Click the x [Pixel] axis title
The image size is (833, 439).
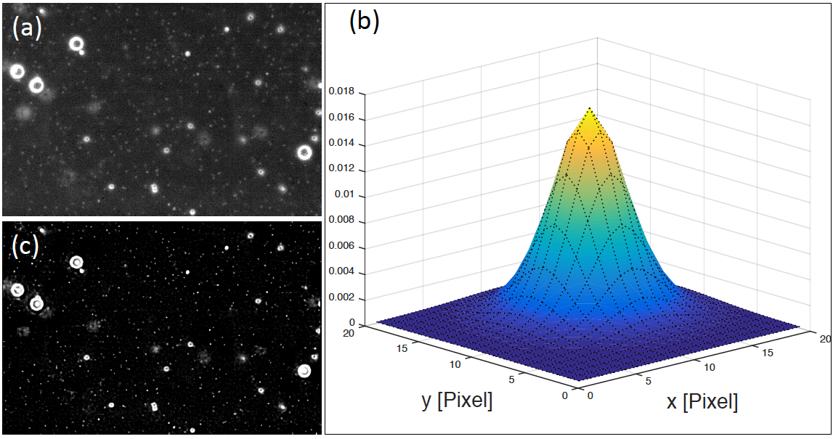702,401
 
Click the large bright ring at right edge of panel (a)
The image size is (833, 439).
304,152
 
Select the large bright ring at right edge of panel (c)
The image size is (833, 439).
304,371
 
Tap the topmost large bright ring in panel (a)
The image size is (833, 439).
76,44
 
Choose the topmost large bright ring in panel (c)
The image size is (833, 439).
76,262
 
